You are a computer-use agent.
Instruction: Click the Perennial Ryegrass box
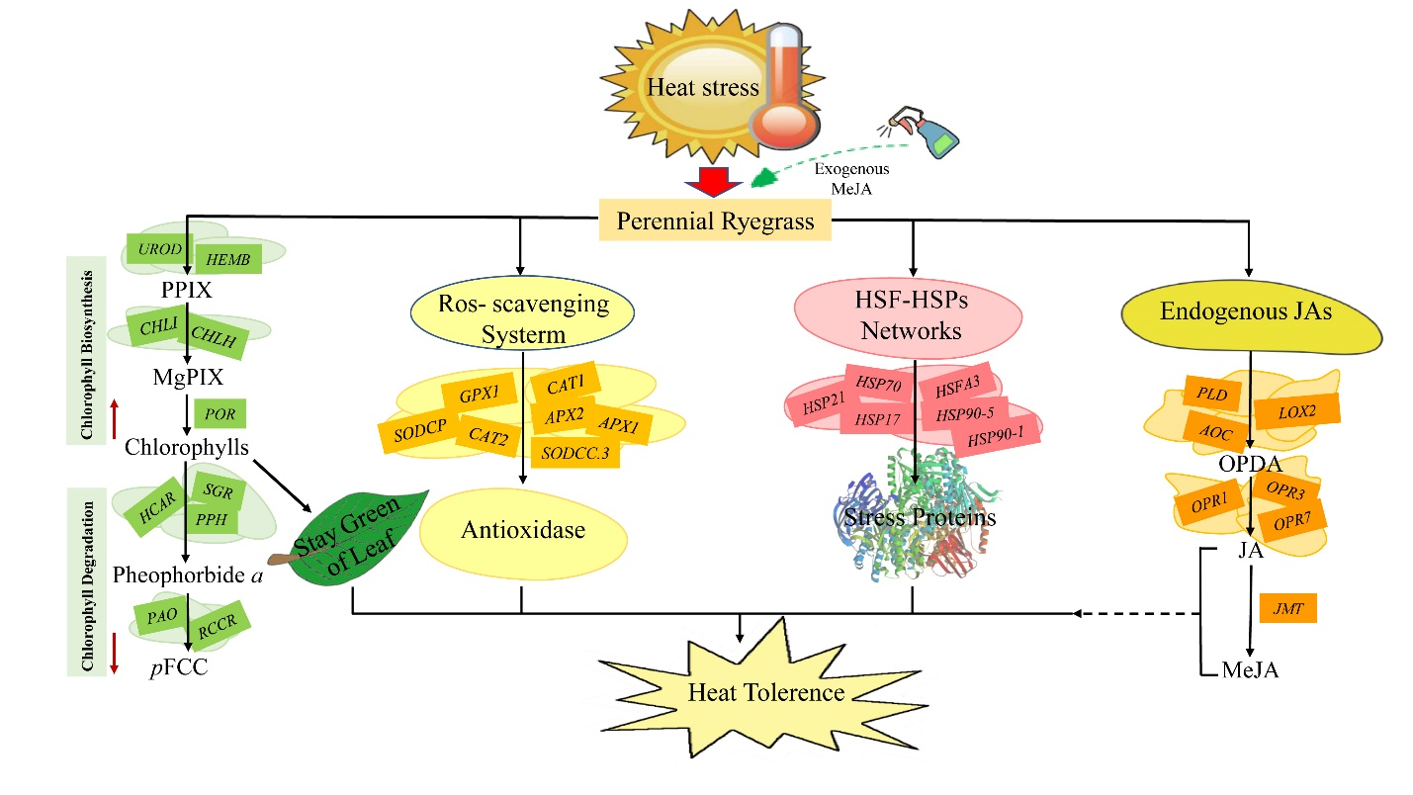pyautogui.click(x=715, y=220)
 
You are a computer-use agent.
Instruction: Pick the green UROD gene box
pyautogui.click(x=159, y=250)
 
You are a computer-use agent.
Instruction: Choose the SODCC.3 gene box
pyautogui.click(x=574, y=451)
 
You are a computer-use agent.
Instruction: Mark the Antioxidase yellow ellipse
pyautogui.click(x=524, y=531)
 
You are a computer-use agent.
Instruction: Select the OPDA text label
pyautogui.click(x=1250, y=464)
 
